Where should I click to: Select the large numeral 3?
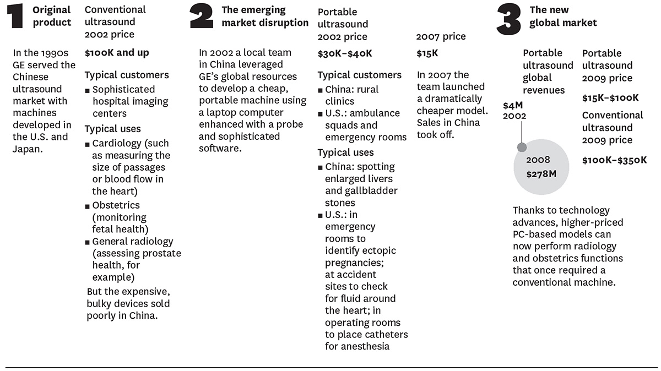click(x=509, y=20)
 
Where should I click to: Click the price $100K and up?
click(x=117, y=53)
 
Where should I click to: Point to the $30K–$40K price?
click(x=345, y=54)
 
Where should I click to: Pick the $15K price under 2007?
click(x=427, y=53)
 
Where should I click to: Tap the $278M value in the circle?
click(x=541, y=174)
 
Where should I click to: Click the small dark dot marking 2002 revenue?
click(x=522, y=147)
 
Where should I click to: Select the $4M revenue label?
click(x=513, y=105)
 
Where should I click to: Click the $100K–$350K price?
click(x=614, y=160)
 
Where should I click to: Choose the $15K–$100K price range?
click(x=610, y=98)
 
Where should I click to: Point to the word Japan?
click(x=28, y=149)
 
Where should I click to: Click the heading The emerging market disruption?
click(x=265, y=16)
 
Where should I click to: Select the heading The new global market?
click(x=563, y=16)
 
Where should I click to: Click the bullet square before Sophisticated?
click(x=87, y=91)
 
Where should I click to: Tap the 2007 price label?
click(x=441, y=36)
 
